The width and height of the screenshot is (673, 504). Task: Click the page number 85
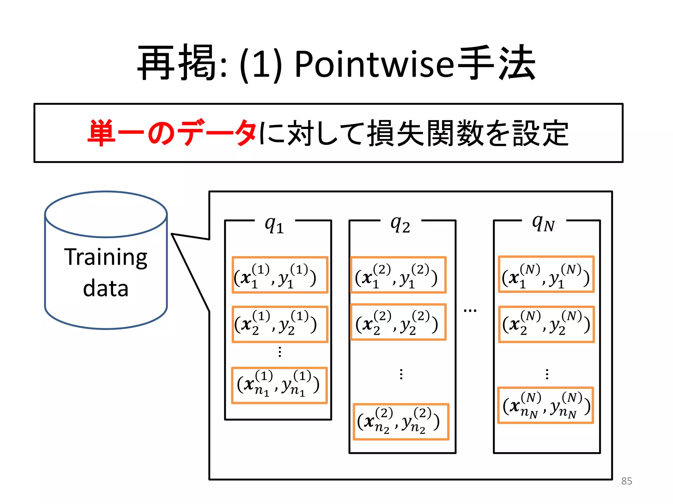coord(626,481)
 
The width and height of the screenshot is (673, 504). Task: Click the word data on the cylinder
coord(106,288)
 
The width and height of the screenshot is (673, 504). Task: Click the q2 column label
coord(400,225)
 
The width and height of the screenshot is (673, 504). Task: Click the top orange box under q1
coord(280,275)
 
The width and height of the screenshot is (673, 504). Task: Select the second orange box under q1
coord(280,324)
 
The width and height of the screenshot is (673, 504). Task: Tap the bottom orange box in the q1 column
coord(279,385)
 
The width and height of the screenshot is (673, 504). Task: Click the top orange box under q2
coord(398,275)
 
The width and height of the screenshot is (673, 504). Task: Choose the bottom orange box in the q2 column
coord(401,422)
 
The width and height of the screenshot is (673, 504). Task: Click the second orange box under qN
coord(546,324)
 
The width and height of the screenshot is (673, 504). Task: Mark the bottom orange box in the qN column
coord(545,406)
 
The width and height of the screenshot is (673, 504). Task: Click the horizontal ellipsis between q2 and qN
coord(470,310)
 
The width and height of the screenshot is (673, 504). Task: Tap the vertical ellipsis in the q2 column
coord(401,374)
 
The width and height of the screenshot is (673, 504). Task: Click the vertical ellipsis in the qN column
coord(547,374)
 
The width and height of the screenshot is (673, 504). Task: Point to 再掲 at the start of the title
coord(177,63)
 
